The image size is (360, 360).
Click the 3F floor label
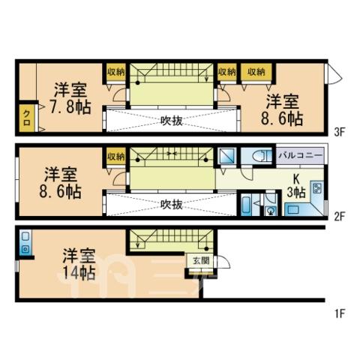(x=340, y=132)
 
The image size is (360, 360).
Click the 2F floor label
(x=340, y=216)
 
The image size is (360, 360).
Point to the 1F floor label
(x=340, y=313)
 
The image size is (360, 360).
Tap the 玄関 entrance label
(x=201, y=261)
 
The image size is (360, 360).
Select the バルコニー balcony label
(x=300, y=155)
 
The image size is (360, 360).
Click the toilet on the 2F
(x=261, y=157)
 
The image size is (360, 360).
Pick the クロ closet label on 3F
(x=26, y=118)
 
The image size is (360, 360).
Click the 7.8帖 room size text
(x=70, y=107)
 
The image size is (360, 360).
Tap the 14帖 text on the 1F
(x=79, y=272)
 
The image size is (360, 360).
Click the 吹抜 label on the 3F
(x=172, y=121)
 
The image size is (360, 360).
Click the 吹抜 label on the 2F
(x=172, y=205)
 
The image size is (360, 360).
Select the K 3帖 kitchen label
(x=296, y=187)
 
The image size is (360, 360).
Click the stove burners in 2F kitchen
(x=317, y=188)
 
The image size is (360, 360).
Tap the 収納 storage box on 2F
(x=115, y=157)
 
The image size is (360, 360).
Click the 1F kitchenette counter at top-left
(x=25, y=242)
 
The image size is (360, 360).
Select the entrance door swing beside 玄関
(x=223, y=261)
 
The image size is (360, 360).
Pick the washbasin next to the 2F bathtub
(x=271, y=211)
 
